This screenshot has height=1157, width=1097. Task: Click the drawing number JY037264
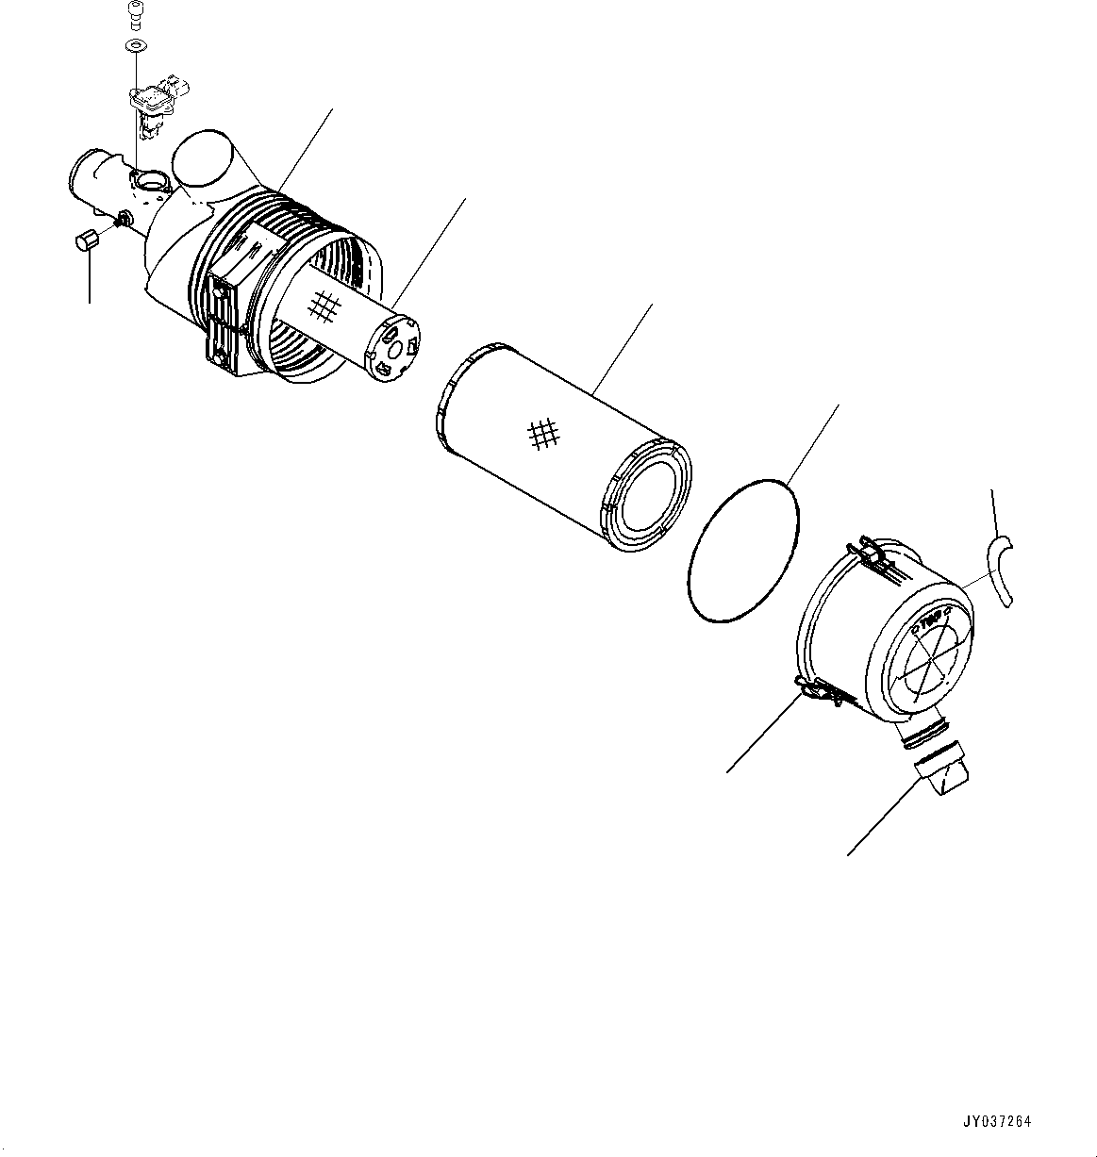pos(996,1121)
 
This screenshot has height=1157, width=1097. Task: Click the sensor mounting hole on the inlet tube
pos(148,179)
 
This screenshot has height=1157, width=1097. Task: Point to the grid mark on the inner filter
pos(325,305)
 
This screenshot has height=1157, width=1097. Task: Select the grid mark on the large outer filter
pos(544,433)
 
